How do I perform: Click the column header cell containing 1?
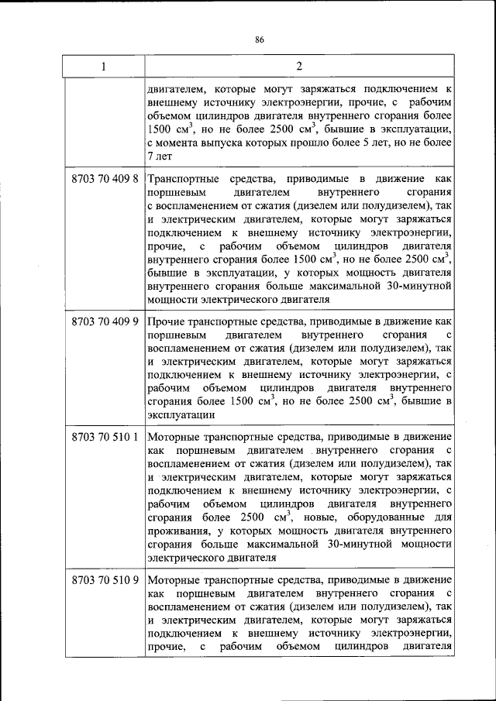tap(102, 67)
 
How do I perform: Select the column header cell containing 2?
tap(298, 67)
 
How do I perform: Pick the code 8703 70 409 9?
tap(104, 320)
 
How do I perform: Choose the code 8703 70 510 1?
tap(104, 436)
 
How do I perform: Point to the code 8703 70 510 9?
tap(104, 579)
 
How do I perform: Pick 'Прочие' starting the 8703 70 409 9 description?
tap(164, 320)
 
